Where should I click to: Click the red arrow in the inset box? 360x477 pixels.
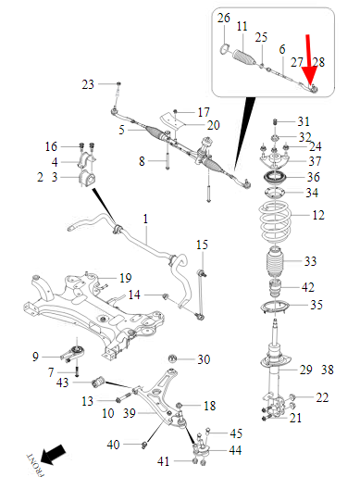click(x=309, y=62)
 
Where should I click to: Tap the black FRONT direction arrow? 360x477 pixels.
click(x=53, y=455)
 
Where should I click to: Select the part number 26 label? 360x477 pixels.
click(x=224, y=18)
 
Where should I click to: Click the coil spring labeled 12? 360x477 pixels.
click(x=275, y=221)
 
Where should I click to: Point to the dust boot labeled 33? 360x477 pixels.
click(x=274, y=262)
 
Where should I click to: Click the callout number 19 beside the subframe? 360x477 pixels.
click(x=126, y=278)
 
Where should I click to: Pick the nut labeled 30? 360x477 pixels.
click(x=173, y=359)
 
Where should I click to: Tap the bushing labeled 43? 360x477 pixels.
click(x=98, y=382)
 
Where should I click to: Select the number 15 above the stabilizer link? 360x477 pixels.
click(x=202, y=245)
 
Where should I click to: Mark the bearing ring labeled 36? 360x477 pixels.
click(x=274, y=178)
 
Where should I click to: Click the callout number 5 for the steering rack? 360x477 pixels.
click(x=122, y=130)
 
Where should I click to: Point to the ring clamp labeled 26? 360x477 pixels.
click(x=225, y=49)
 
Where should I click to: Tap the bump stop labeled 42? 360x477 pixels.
click(x=274, y=288)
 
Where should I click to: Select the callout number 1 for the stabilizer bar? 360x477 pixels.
click(x=145, y=219)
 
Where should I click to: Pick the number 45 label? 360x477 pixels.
click(x=236, y=433)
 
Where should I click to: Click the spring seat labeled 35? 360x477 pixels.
click(x=275, y=308)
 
